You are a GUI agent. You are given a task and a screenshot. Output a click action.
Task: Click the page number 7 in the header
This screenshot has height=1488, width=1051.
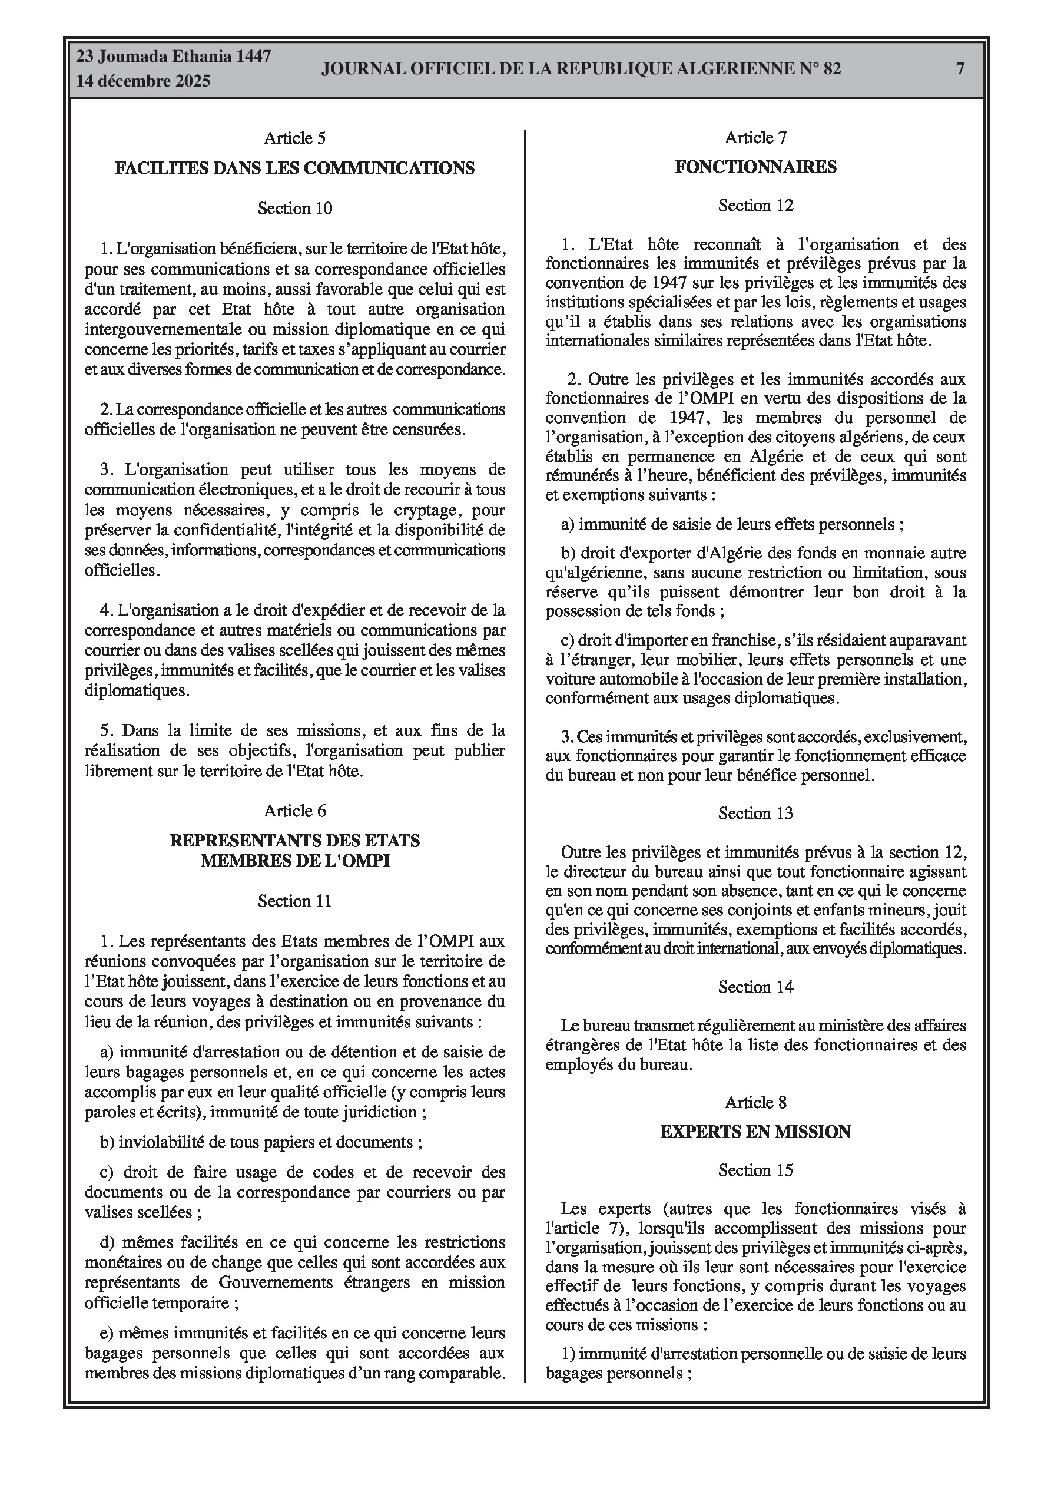point(960,69)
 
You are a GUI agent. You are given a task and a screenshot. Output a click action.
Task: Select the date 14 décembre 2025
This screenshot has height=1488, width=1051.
point(143,81)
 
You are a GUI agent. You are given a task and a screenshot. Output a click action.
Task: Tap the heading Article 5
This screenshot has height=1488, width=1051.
point(295,138)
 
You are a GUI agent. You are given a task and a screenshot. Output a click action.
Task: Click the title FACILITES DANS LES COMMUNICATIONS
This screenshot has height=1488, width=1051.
point(295,168)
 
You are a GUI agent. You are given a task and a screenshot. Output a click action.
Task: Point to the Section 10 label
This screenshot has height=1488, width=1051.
point(295,208)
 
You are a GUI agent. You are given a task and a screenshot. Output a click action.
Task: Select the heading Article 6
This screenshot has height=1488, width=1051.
point(295,811)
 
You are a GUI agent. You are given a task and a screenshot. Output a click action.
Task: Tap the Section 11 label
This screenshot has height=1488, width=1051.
point(295,901)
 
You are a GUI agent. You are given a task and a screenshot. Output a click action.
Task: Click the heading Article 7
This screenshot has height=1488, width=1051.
point(755,137)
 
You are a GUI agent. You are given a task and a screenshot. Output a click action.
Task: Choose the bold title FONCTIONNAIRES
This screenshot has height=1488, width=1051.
point(755,167)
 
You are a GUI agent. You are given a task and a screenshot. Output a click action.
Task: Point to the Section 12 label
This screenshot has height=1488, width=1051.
point(755,206)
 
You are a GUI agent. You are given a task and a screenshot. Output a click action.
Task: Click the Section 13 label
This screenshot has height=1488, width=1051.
point(755,814)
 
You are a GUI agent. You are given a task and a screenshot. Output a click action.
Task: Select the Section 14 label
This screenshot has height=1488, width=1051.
point(755,987)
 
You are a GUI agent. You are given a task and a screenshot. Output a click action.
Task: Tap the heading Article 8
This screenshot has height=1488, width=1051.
point(755,1102)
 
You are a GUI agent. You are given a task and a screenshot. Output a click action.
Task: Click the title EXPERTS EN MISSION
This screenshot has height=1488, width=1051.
point(755,1132)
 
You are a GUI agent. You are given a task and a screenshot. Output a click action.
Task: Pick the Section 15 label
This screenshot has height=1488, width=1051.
point(755,1170)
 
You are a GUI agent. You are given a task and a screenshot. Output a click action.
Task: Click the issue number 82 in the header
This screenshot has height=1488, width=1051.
point(832,69)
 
